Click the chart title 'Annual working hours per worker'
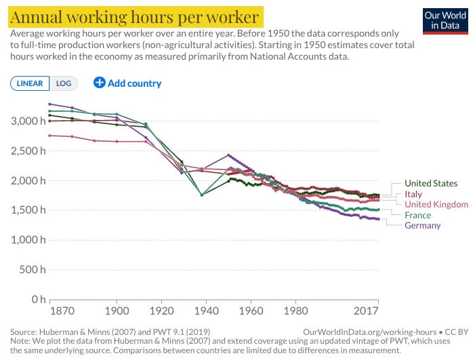134,16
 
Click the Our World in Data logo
445,20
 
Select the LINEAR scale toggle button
30,83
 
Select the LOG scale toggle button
64,83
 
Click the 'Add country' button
127,83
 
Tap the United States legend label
430,183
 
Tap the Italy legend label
413,194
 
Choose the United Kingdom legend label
436,204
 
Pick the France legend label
417,215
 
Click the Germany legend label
422,226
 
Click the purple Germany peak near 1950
228,155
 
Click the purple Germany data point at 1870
49,104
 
